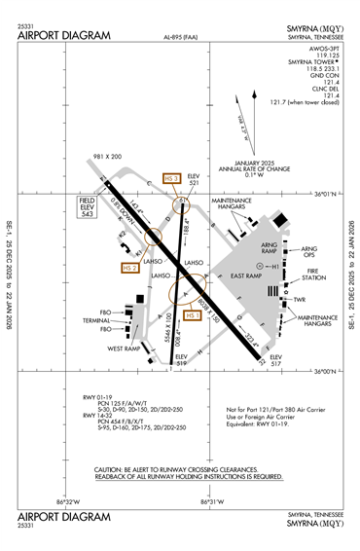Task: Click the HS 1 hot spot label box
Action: click(x=192, y=314)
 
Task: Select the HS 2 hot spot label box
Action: click(x=129, y=268)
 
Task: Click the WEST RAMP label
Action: click(x=126, y=349)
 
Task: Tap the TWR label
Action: click(x=300, y=300)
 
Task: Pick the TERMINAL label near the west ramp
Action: click(x=95, y=320)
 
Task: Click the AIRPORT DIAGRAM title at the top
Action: click(x=64, y=35)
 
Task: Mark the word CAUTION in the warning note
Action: click(x=112, y=469)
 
